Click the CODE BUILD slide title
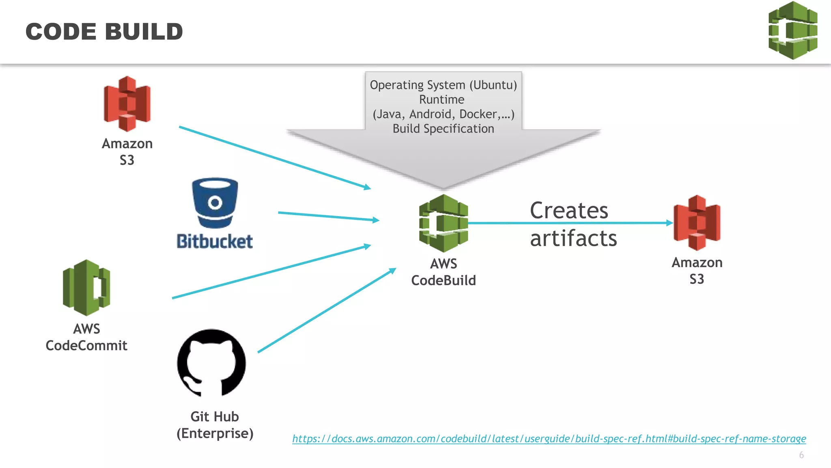(x=104, y=32)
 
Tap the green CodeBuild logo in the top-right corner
(x=793, y=30)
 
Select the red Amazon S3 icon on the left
(x=127, y=104)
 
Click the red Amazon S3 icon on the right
(x=697, y=223)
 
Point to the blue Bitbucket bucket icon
(x=215, y=203)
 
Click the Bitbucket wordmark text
(x=215, y=241)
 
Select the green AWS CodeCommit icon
(x=86, y=288)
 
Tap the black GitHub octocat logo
(x=211, y=363)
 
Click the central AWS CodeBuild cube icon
(x=443, y=223)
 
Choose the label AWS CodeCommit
(x=86, y=337)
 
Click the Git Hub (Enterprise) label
(x=215, y=425)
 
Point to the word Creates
(x=569, y=210)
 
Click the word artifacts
(x=573, y=238)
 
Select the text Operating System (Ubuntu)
(x=443, y=85)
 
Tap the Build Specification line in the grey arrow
(x=443, y=129)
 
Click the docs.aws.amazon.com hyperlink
(x=549, y=439)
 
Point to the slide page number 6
(x=801, y=455)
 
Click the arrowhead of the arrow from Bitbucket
(x=376, y=220)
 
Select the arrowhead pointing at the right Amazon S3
(x=670, y=223)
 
